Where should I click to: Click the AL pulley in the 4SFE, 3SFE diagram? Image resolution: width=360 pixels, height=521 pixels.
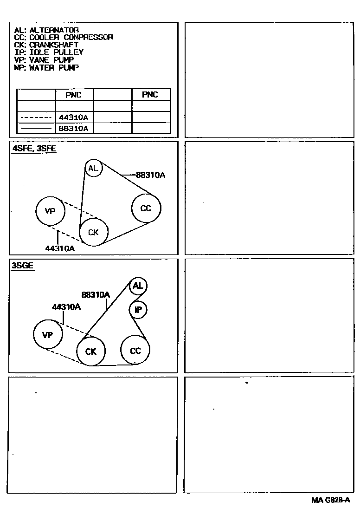(93, 168)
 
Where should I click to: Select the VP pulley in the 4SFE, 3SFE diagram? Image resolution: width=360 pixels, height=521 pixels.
(50, 211)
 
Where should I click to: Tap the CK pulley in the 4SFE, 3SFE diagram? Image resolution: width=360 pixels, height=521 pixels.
(93, 232)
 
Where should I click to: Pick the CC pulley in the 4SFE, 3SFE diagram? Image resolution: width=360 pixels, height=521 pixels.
(146, 208)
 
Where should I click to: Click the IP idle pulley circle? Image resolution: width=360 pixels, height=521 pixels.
(138, 309)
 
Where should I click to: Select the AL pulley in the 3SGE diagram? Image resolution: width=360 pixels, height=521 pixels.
(138, 286)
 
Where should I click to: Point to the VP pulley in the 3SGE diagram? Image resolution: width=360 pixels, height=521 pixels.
(47, 335)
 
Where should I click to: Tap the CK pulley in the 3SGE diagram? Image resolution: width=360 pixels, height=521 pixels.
(91, 352)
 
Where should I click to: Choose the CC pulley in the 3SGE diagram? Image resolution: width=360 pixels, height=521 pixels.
(135, 351)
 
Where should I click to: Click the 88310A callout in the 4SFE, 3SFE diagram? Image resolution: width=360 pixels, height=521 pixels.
(151, 175)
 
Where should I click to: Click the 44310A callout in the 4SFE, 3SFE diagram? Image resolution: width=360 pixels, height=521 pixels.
(60, 248)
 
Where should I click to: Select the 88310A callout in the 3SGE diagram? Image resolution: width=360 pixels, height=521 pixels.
(96, 294)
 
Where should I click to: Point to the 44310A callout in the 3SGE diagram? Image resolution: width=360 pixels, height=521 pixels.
(66, 307)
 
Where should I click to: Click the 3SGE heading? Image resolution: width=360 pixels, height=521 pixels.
(23, 266)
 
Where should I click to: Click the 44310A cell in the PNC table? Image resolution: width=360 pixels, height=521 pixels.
(73, 117)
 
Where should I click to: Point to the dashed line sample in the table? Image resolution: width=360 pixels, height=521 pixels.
(36, 117)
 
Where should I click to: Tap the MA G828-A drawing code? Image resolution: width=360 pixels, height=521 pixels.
(330, 500)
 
